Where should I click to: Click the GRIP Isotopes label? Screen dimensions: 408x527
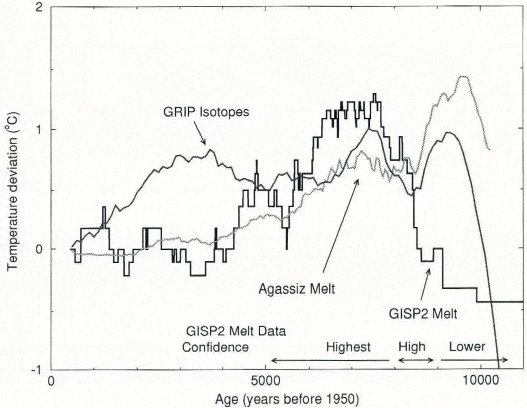[x=206, y=112]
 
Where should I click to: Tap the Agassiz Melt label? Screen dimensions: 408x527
[x=297, y=289]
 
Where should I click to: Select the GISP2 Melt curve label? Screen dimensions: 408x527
[x=423, y=314]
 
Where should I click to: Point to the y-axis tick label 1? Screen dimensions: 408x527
[x=38, y=129]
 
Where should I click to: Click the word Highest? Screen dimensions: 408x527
[x=348, y=347]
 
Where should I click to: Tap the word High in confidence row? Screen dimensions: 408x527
[x=412, y=347]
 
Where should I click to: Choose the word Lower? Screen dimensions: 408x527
[x=467, y=347]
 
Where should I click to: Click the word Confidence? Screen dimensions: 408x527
[x=215, y=347]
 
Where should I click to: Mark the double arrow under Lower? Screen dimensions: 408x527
[x=474, y=360]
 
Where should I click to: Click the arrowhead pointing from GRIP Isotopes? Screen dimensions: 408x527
[x=204, y=143]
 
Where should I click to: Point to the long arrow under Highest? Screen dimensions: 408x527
[x=330, y=360]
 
